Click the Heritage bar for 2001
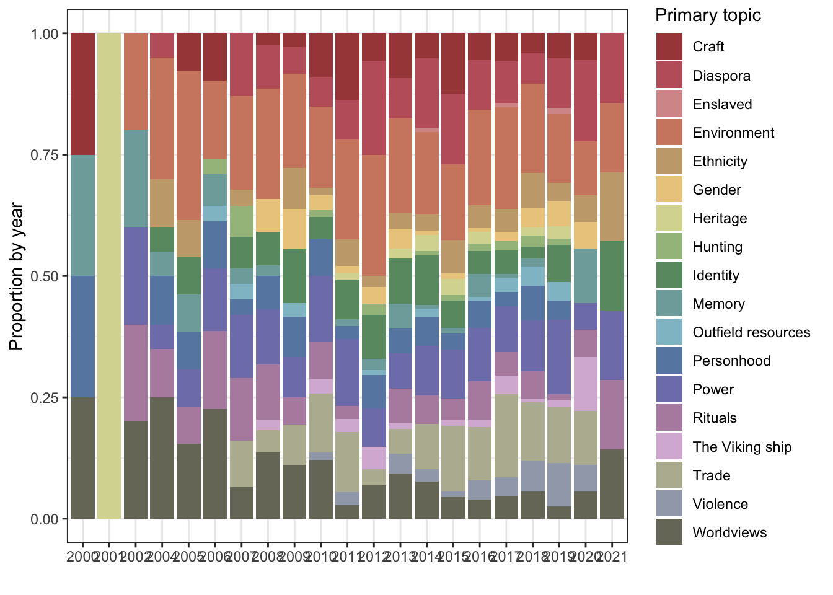(109, 276)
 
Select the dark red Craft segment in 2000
(82, 94)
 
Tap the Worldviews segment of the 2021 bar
(612, 483)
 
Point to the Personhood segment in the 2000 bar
(82, 336)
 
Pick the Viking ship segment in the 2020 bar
(585, 384)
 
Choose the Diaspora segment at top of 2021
(612, 68)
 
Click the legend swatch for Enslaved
(669, 104)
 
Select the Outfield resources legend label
(751, 332)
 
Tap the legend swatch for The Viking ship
(669, 447)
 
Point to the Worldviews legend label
(729, 532)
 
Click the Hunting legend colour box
(669, 247)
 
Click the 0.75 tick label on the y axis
(45, 155)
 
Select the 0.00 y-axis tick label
(45, 519)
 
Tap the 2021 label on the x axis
(613, 557)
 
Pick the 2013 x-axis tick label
(401, 557)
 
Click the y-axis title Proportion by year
(17, 276)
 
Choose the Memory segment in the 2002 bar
(136, 178)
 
